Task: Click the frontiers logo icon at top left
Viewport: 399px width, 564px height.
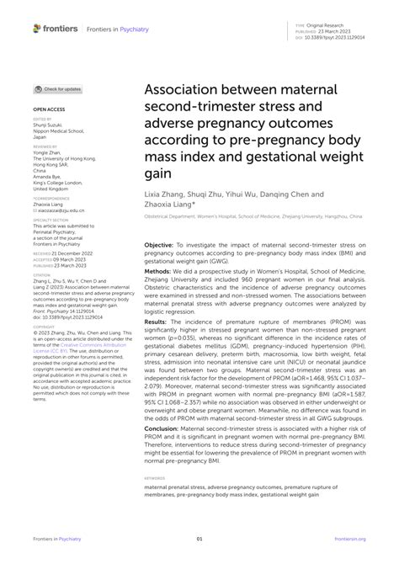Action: pyautogui.click(x=38, y=29)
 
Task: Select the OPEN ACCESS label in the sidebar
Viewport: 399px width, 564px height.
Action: pyautogui.click(x=49, y=109)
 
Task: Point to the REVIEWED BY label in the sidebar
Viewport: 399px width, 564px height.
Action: pyautogui.click(x=45, y=146)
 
